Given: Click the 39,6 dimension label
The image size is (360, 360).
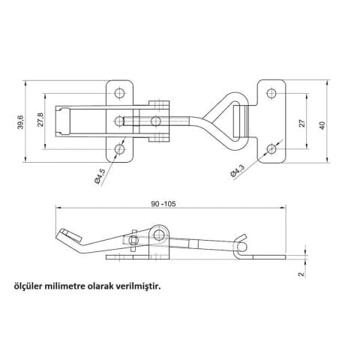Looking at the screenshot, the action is tap(21, 122).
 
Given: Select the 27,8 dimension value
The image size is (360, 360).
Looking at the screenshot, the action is tap(40, 120).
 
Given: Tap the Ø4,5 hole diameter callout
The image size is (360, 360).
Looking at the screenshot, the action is tap(100, 176).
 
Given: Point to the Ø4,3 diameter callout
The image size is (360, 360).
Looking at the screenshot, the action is tap(237, 171).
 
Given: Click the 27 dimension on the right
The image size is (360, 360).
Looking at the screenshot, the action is tap(302, 123).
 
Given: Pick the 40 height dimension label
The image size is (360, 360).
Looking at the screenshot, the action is tap(322, 125).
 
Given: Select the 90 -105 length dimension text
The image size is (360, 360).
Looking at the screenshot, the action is tap(163, 204).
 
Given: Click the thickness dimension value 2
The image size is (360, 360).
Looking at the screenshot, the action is tap(302, 274).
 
